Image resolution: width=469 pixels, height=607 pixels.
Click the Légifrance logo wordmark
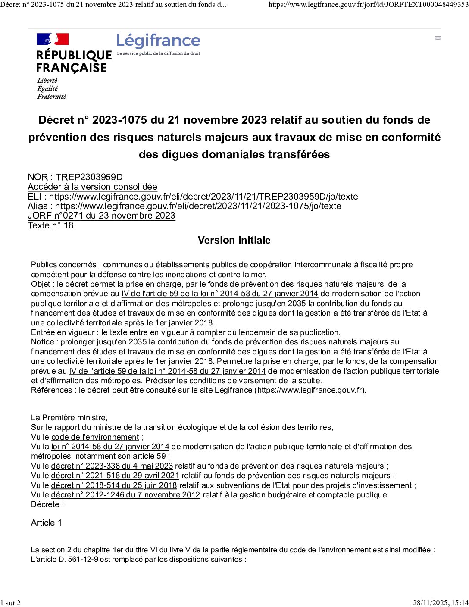(158, 41)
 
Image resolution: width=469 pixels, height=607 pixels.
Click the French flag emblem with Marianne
(53, 39)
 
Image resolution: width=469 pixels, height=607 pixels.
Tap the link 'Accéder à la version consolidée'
(92, 187)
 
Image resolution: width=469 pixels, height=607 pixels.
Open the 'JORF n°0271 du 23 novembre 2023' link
(101, 216)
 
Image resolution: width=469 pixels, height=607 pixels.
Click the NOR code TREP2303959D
(89, 177)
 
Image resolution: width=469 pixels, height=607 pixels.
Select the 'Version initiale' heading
(234, 240)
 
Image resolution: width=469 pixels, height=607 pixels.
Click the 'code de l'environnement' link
(95, 437)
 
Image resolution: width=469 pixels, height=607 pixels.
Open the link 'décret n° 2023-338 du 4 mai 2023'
(112, 466)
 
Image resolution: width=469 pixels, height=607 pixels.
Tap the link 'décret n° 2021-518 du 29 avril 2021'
(115, 476)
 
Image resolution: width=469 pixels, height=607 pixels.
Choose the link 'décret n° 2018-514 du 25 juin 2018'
(114, 485)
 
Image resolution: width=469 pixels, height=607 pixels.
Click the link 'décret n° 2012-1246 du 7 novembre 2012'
(125, 495)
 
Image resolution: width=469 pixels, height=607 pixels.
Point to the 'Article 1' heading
(47, 523)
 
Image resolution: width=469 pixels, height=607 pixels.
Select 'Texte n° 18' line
(50, 225)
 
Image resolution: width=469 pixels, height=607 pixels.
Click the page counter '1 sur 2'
(10, 603)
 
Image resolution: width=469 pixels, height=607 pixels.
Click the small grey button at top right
(438, 38)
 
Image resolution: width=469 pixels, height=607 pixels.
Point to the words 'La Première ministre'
(69, 418)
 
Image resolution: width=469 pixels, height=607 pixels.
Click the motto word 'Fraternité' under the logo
(51, 97)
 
